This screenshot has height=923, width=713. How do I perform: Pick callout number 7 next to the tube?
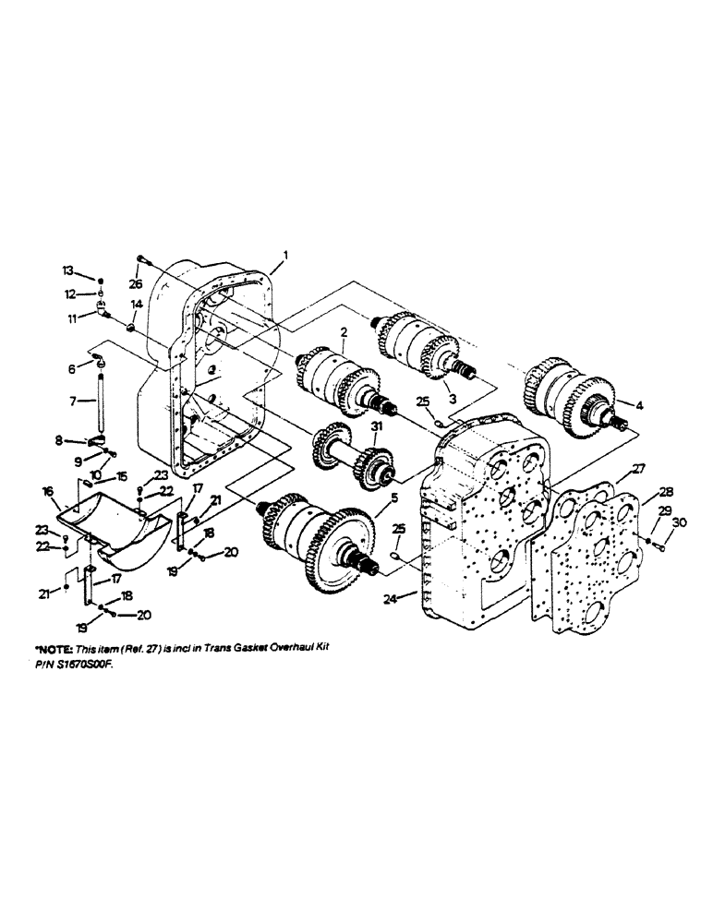click(72, 402)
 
